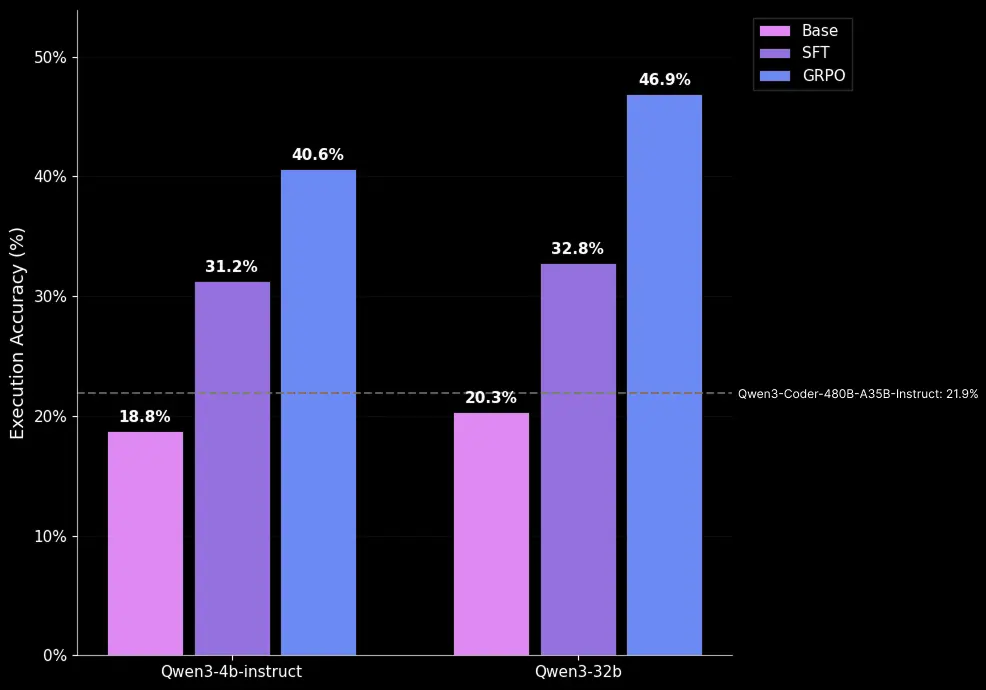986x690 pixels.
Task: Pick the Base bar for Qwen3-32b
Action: coord(491,534)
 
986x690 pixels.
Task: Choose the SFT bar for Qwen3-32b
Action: coord(578,459)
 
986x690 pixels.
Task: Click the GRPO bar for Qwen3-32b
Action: coord(664,375)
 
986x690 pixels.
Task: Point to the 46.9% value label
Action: coord(664,80)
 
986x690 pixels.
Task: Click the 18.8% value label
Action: coord(145,417)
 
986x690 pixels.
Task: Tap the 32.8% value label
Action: coord(578,249)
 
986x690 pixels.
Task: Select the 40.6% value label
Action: coord(318,155)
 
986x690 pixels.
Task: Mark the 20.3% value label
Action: coord(491,398)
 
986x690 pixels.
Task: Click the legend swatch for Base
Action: coord(774,31)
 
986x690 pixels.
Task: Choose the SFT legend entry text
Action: coord(815,53)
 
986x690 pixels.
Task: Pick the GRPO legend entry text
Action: coord(823,75)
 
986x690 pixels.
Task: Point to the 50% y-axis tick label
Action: coord(50,57)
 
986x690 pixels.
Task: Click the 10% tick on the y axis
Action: coord(50,536)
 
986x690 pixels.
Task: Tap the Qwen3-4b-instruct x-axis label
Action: coord(231,672)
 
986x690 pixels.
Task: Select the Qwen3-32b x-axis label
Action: coord(578,672)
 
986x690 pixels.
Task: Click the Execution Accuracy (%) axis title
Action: coord(18,332)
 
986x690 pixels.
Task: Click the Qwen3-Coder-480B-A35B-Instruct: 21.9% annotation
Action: coord(858,394)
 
